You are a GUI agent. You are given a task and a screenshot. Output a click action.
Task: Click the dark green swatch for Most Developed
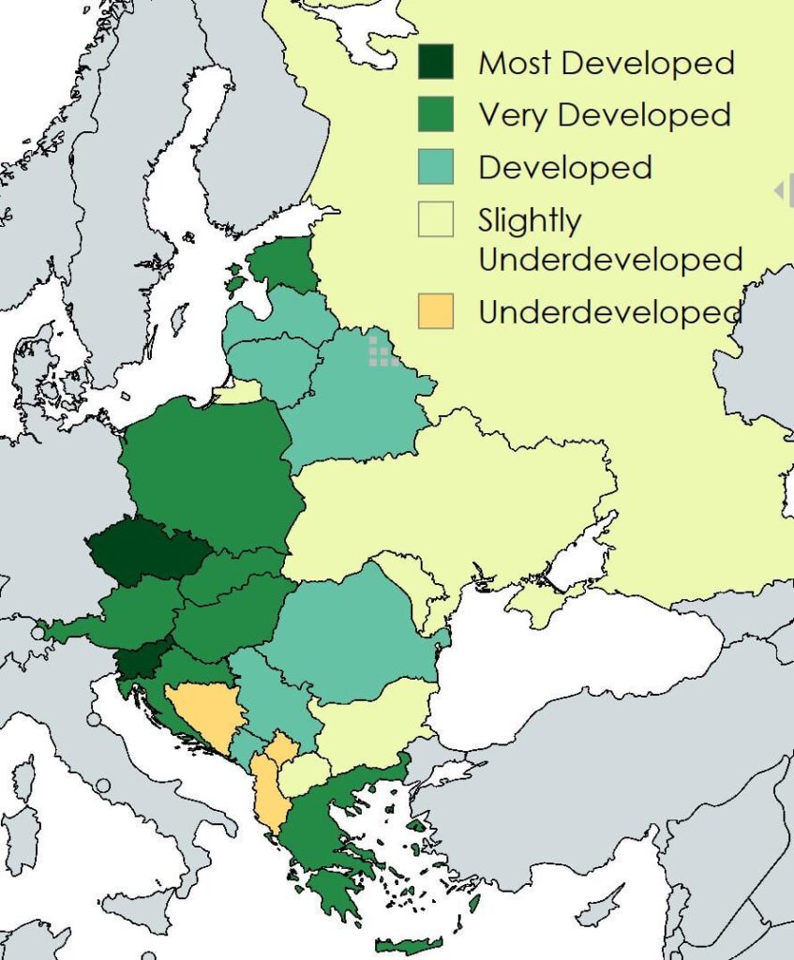[x=435, y=63]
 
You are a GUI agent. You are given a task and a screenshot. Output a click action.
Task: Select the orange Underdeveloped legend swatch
[x=435, y=311]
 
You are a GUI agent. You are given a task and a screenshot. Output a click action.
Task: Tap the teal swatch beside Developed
[x=435, y=167]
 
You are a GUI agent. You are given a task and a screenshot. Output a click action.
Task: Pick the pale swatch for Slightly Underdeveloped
[x=435, y=220]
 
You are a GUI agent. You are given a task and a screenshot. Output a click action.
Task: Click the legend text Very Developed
[x=604, y=115]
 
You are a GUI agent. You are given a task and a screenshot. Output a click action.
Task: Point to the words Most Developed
[x=606, y=64]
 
